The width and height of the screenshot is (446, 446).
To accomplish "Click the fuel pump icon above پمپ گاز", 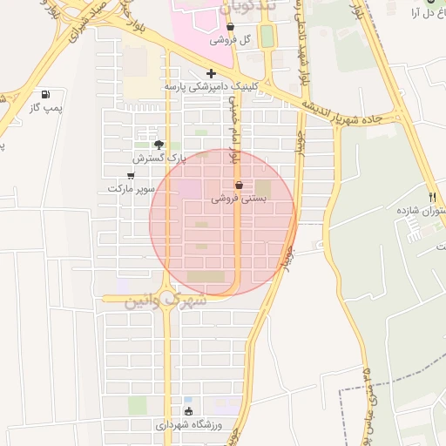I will [x=45, y=94].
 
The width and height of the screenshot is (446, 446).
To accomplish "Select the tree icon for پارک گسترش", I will [x=159, y=145].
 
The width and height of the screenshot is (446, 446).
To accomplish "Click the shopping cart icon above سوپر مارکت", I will [x=131, y=176].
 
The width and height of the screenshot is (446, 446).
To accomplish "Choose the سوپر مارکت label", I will [x=131, y=188].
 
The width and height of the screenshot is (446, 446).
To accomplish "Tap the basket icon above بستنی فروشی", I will [x=239, y=186].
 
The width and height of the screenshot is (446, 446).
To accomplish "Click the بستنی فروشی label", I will [x=239, y=199].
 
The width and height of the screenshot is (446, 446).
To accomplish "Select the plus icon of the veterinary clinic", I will [x=211, y=74].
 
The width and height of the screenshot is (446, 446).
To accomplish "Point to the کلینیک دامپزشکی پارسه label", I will [x=212, y=87].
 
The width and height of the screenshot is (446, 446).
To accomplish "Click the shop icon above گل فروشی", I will [x=231, y=27].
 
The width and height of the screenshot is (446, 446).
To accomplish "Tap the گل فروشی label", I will [x=233, y=40].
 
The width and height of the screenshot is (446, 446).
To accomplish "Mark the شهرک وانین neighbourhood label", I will [x=166, y=301].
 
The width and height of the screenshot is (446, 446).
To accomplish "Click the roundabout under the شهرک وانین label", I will [x=166, y=299].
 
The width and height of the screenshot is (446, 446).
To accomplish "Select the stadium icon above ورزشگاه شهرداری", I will [x=189, y=411].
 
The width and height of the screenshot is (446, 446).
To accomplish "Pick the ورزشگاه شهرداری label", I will [x=190, y=425].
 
